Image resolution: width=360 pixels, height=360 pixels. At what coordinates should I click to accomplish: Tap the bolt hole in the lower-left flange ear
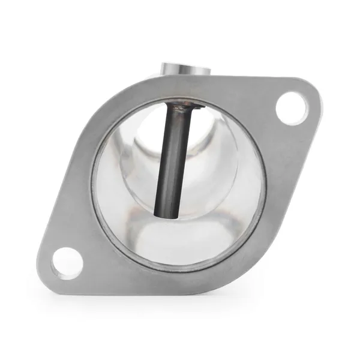pos(67,263)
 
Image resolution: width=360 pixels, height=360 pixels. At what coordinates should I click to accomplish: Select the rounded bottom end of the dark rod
pos(165,211)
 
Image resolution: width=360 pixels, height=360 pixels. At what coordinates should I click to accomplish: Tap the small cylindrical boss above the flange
pos(186,67)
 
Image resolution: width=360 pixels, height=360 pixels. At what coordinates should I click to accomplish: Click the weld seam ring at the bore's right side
pos(264,180)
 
